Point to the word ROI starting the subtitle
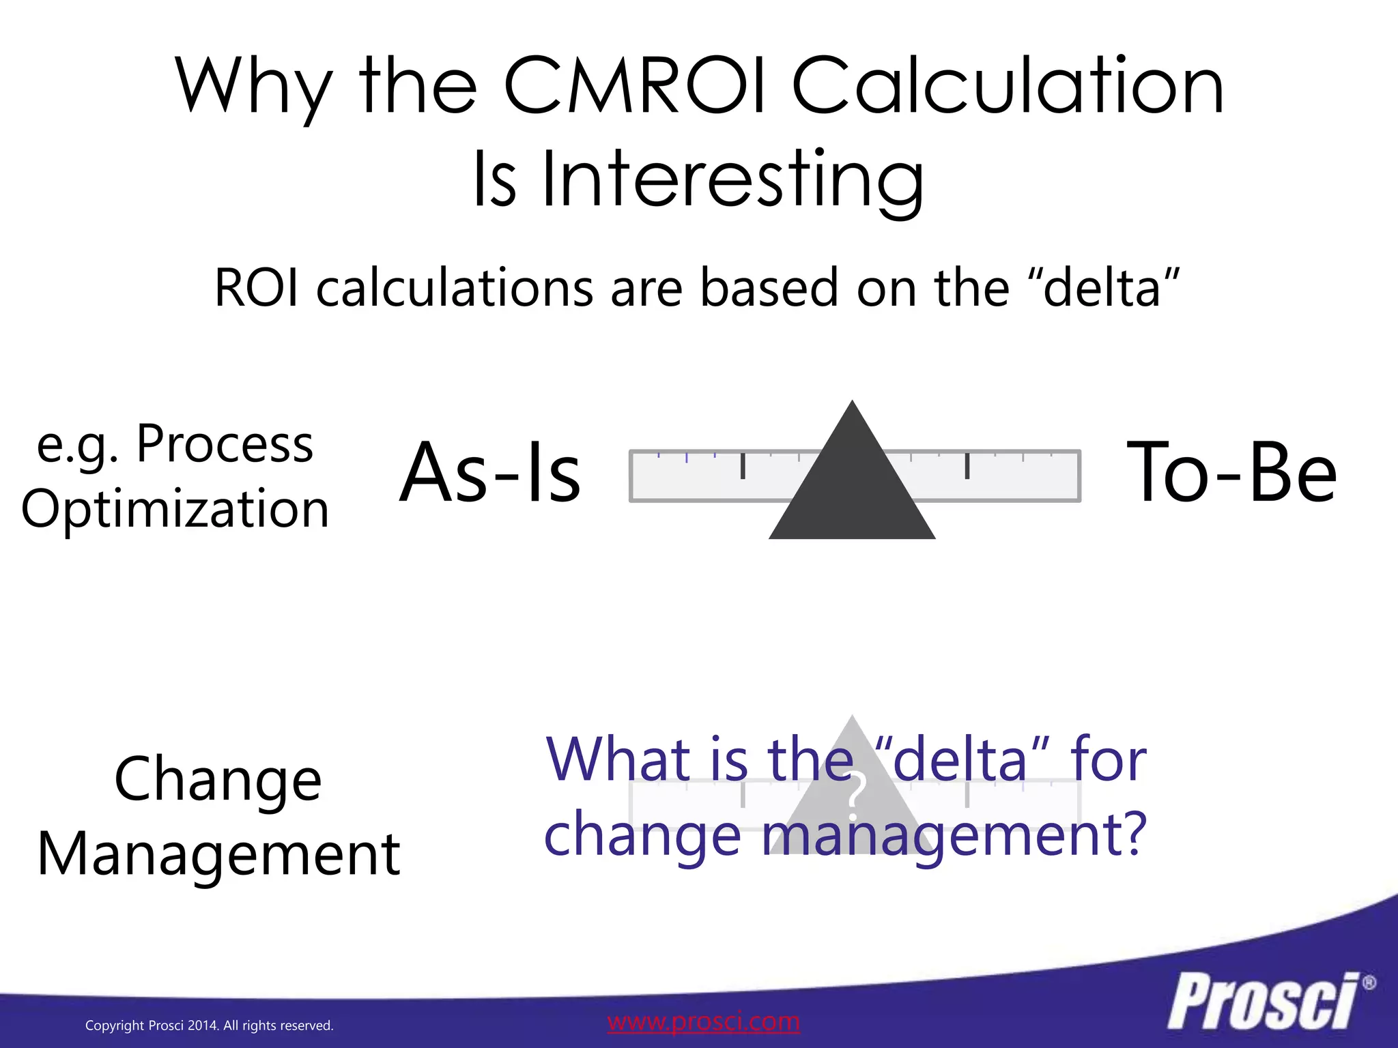coord(257,288)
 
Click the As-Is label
coord(490,473)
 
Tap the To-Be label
coord(1231,473)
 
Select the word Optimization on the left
coord(175,509)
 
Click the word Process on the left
coord(225,445)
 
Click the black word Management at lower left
coord(218,854)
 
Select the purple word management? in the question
coord(954,835)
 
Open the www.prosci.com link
coord(703,1021)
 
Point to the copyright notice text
coord(209,1025)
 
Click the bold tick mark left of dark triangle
coord(743,466)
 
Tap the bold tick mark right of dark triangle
coord(967,466)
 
